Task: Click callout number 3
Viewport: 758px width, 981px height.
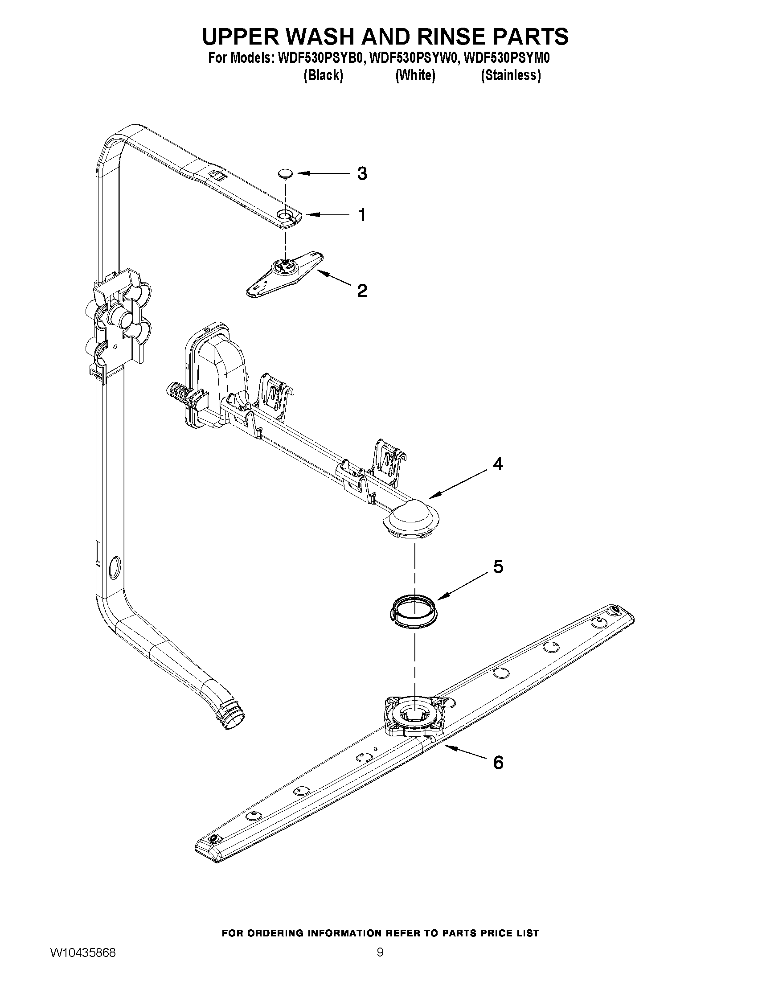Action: (362, 173)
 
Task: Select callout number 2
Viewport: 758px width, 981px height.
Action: (362, 291)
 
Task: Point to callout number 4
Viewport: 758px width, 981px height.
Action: (498, 464)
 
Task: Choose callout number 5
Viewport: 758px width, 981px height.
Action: (498, 567)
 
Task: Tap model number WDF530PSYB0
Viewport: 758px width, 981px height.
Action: (320, 59)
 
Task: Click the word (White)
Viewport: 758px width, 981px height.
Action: (415, 75)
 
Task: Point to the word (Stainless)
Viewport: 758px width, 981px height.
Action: (511, 75)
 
